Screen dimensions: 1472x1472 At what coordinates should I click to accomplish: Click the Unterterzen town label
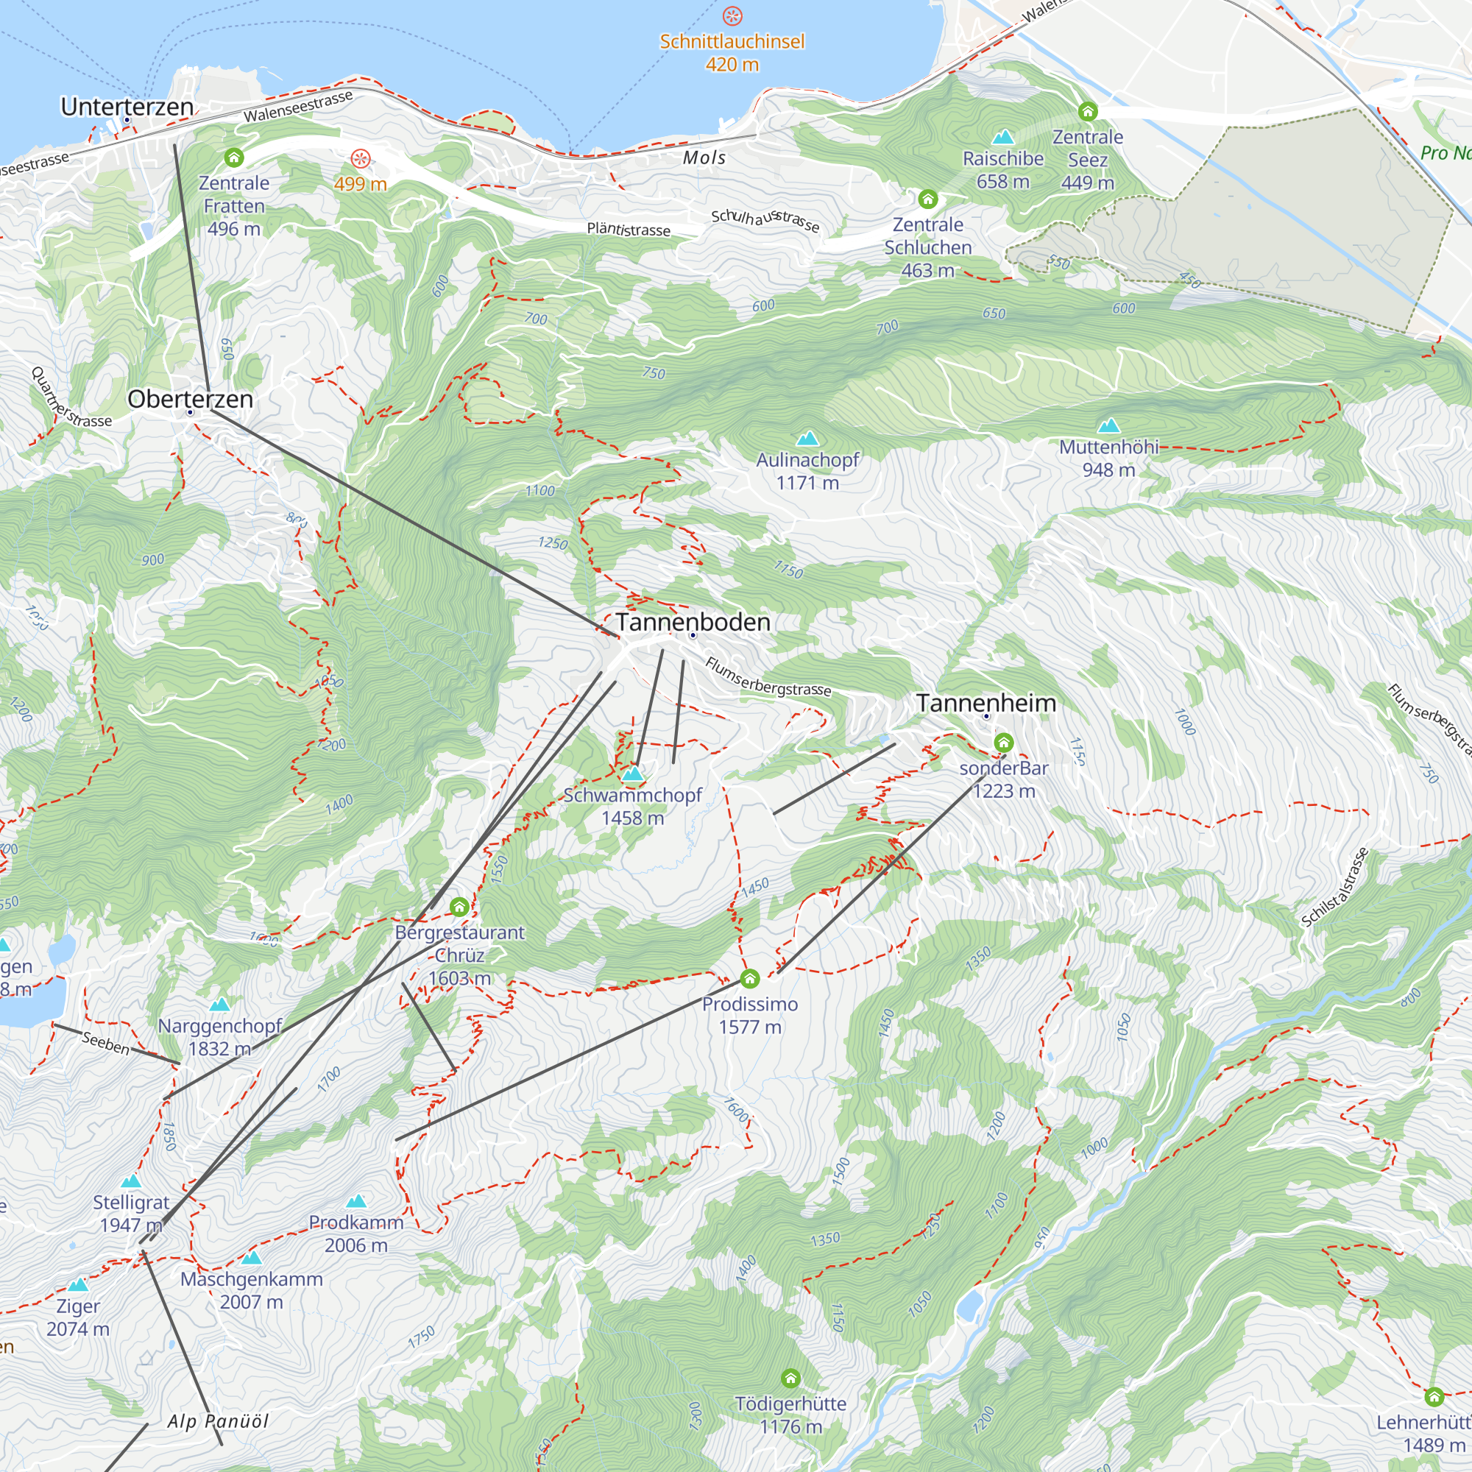(x=127, y=107)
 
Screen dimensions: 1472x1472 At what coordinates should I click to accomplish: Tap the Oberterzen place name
(x=190, y=398)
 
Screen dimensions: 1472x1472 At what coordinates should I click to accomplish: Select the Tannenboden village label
(x=693, y=622)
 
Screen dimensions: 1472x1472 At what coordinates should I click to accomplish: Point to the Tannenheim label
(x=986, y=702)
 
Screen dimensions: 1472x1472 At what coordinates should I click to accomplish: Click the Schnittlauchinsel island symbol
(x=732, y=16)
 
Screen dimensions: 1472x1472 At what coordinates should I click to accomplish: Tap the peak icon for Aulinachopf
(x=807, y=438)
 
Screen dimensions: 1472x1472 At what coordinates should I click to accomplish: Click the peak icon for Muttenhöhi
(x=1108, y=425)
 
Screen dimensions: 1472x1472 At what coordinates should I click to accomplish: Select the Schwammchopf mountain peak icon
(x=632, y=774)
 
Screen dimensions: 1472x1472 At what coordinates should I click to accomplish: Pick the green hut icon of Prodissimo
(x=750, y=978)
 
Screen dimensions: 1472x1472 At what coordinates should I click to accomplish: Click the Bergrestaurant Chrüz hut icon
(x=459, y=907)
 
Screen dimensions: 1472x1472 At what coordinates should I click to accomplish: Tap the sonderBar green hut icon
(x=1003, y=742)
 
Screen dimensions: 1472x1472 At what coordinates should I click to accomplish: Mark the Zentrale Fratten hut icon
(x=234, y=158)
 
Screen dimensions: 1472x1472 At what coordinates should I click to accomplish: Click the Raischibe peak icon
(x=1002, y=137)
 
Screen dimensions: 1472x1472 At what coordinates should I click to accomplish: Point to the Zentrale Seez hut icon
(x=1087, y=111)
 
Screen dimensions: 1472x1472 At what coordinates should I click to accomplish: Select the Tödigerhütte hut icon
(x=790, y=1378)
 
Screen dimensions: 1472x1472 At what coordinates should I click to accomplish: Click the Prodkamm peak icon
(x=355, y=1202)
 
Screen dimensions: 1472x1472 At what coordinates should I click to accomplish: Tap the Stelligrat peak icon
(x=131, y=1181)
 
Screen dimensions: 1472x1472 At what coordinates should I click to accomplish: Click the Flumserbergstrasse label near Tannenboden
(x=767, y=676)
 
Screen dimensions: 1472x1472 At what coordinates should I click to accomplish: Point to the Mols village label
(x=704, y=158)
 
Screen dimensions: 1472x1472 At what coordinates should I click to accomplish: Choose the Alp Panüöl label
(x=218, y=1421)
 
